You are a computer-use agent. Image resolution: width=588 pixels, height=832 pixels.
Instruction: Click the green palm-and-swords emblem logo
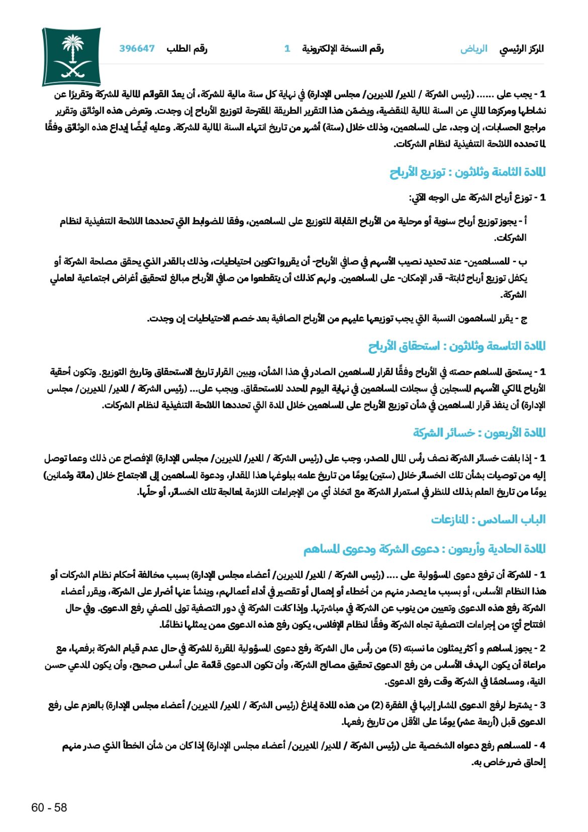pyautogui.click(x=71, y=57)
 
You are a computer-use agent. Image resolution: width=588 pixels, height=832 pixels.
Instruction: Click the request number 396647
pyautogui.click(x=137, y=49)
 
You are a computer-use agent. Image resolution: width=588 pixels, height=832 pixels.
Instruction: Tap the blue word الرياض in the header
pyautogui.click(x=473, y=49)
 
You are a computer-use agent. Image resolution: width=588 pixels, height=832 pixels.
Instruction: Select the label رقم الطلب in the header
pyautogui.click(x=187, y=49)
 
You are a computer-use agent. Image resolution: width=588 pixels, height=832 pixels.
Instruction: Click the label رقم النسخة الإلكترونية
pyautogui.click(x=342, y=49)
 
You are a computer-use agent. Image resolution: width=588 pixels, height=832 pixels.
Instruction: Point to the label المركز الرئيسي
pyautogui.click(x=522, y=49)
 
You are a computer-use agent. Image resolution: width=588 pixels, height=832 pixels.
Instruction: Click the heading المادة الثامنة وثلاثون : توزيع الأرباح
pyautogui.click(x=467, y=172)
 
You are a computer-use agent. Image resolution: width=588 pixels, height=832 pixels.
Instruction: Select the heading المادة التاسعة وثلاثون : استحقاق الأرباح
pyautogui.click(x=457, y=346)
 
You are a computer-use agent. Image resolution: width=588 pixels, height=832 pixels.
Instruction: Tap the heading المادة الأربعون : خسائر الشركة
pyautogui.click(x=479, y=433)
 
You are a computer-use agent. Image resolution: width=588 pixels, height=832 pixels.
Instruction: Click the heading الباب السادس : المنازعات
pyautogui.click(x=488, y=519)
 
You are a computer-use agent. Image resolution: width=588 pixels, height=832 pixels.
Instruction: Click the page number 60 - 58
pyautogui.click(x=49, y=807)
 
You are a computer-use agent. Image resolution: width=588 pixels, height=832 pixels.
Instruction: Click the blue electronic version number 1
pyautogui.click(x=287, y=49)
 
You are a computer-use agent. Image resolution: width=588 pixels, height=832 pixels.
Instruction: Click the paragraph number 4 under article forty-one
pyautogui.click(x=542, y=746)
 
